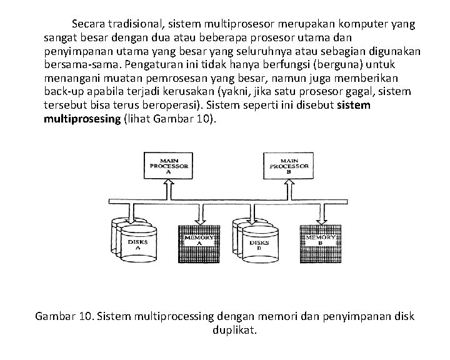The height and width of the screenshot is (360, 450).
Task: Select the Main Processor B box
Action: pos(289,166)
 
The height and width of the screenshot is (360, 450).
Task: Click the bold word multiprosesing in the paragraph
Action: pos(81,119)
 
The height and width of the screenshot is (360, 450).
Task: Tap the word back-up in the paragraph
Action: pos(64,91)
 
